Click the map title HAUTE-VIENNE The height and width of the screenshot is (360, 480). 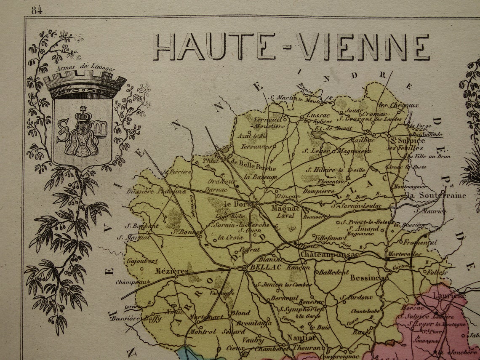(x=291, y=47)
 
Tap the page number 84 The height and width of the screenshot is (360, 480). (x=37, y=10)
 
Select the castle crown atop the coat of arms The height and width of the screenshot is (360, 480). (x=85, y=84)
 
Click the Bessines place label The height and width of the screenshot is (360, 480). (x=367, y=278)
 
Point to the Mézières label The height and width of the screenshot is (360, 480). (x=172, y=271)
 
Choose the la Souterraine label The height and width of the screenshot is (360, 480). (x=437, y=195)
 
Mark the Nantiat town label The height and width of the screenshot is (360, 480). (x=301, y=337)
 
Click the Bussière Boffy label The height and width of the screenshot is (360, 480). (x=136, y=318)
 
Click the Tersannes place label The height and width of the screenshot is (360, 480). (x=256, y=147)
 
